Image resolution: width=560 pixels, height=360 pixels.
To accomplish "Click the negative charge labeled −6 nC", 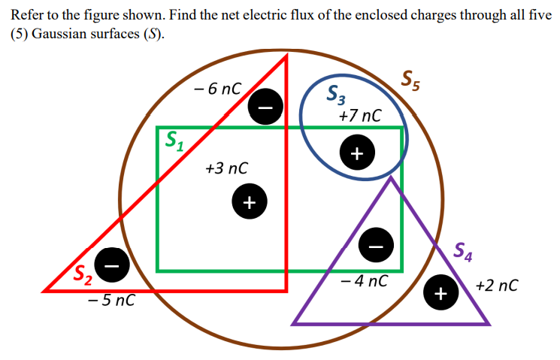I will tap(266, 104).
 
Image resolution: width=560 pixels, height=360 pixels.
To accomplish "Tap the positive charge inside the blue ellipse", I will tap(356, 153).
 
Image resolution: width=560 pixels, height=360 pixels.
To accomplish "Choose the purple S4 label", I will tap(463, 254).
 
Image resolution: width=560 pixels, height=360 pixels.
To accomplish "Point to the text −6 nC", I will tap(216, 89).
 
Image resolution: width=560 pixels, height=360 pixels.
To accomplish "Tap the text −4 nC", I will tap(364, 282).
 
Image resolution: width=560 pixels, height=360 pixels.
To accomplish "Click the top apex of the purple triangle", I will tap(391, 178).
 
